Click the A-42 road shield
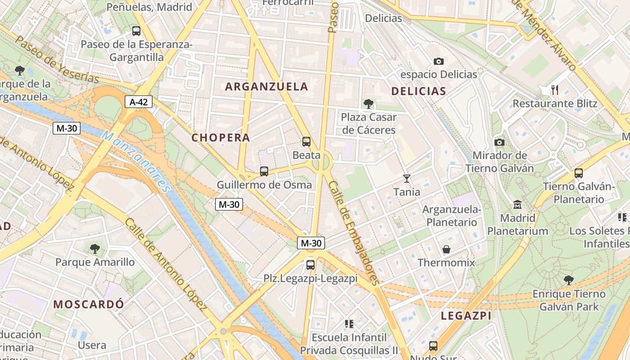pos(139,102)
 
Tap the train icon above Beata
pos(306,142)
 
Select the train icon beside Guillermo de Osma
pos(264,171)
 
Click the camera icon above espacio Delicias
pos(438,61)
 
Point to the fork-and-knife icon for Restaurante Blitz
pos(555,90)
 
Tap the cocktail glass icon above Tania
pos(407,179)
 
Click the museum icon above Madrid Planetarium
pos(517,205)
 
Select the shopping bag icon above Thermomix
pos(446,249)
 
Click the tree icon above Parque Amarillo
pos(95,248)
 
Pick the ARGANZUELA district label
pos(266,87)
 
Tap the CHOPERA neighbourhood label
pos(220,138)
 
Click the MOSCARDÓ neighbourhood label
pos(89,304)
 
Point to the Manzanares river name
pos(137,161)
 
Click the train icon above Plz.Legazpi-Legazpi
pos(310,265)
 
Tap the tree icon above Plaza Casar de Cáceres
pos(368,104)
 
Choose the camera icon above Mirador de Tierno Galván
pos(499,142)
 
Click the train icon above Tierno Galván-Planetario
pos(579,173)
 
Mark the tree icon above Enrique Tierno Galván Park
pos(569,280)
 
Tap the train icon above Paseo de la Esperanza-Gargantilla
pos(136,31)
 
